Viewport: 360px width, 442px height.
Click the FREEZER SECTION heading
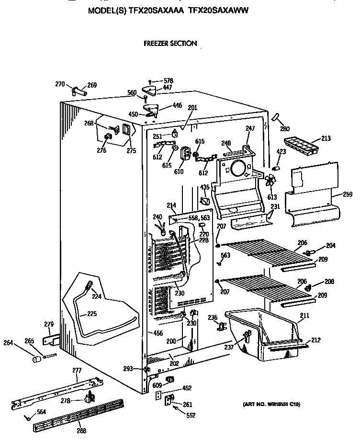coord(170,44)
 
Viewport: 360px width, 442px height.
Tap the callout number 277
coord(77,371)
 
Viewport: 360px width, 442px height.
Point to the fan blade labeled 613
coord(270,182)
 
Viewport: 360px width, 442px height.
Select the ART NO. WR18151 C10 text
coord(271,404)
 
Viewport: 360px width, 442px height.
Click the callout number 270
coord(59,84)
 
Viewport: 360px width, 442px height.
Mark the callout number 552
coord(191,415)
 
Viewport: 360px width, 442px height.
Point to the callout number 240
coord(157,216)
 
